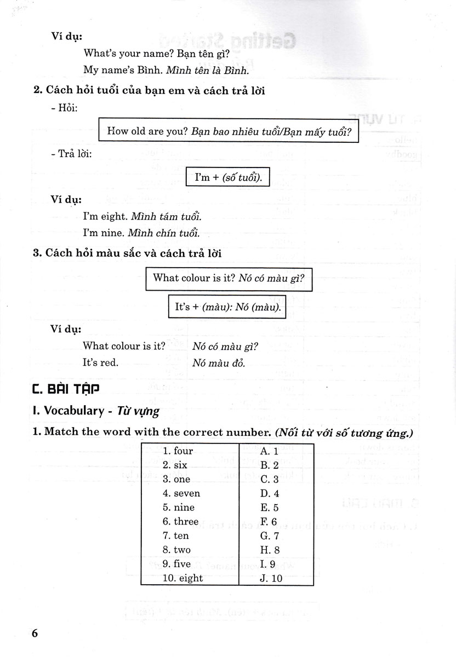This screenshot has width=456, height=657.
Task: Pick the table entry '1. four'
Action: point(178,451)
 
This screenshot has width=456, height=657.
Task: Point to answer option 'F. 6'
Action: point(270,521)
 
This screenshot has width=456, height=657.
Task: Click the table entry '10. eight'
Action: point(183,578)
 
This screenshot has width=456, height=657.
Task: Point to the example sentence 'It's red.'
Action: point(100,362)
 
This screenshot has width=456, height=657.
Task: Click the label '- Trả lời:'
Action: point(75,154)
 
